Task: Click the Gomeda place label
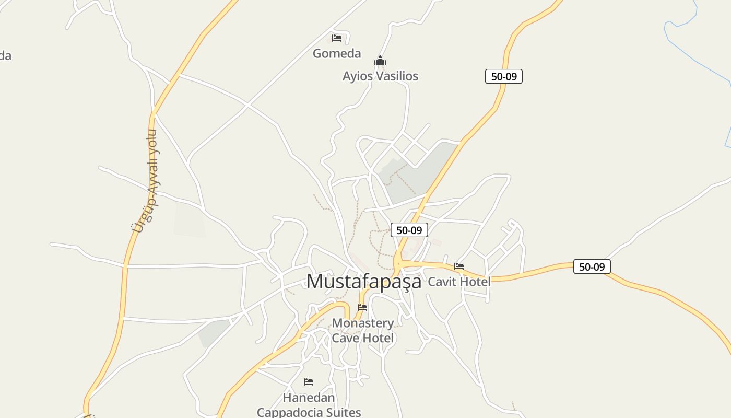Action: click(x=337, y=53)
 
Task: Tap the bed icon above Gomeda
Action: click(x=337, y=38)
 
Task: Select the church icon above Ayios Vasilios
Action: click(x=380, y=62)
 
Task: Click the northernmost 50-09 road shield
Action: click(x=504, y=76)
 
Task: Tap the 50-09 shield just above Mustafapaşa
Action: click(x=409, y=230)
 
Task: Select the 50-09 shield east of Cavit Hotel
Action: click(x=592, y=266)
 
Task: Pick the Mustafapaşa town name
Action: click(x=363, y=282)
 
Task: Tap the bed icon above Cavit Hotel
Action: click(x=459, y=266)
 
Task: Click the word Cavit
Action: click(x=441, y=282)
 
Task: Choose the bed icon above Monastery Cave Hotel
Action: click(x=362, y=308)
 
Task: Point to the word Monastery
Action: click(x=363, y=323)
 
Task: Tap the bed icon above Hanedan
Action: click(x=309, y=382)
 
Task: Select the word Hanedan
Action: click(x=309, y=398)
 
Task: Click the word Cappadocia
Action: click(x=288, y=412)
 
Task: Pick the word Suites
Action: click(x=341, y=412)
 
